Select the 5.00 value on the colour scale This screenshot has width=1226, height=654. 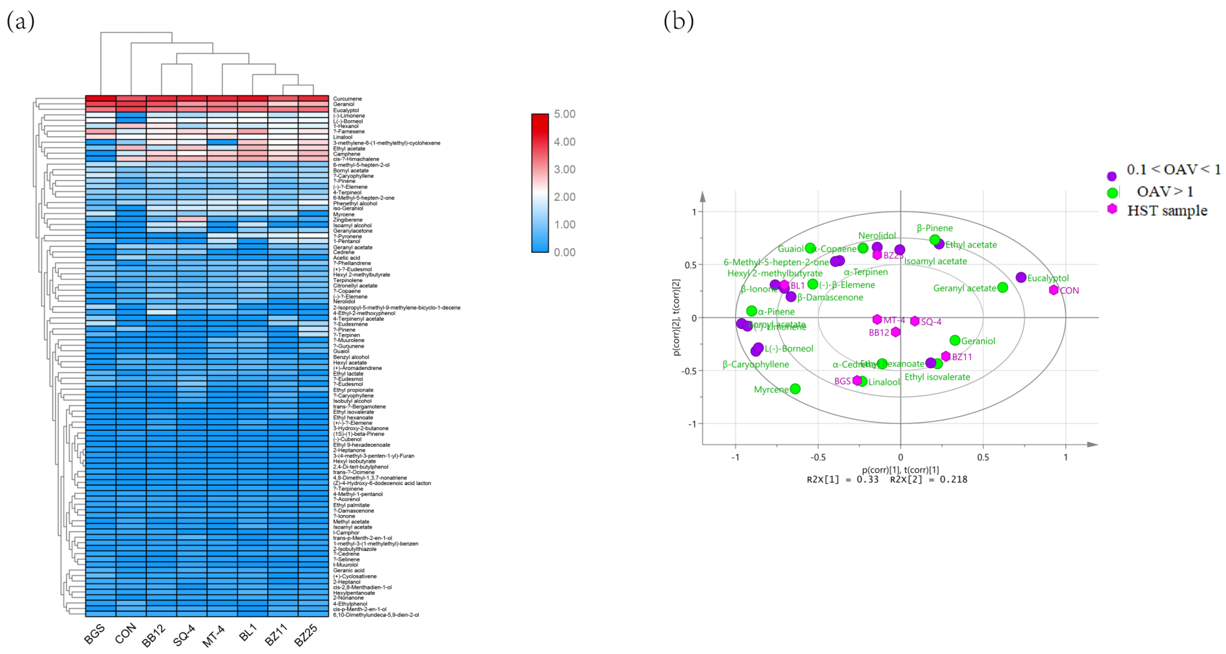565,114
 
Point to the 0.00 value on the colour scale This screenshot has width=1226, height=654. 565,252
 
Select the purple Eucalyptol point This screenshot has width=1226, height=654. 1021,277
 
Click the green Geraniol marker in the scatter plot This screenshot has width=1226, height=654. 955,340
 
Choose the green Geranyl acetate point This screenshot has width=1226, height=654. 1003,287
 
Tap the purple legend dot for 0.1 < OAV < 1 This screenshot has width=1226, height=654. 1112,176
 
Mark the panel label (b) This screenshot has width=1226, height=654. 679,22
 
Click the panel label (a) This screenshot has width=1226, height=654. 20,22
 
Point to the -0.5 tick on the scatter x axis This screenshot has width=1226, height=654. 818,458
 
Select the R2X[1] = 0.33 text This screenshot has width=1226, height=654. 842,479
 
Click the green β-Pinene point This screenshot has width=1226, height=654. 935,240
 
